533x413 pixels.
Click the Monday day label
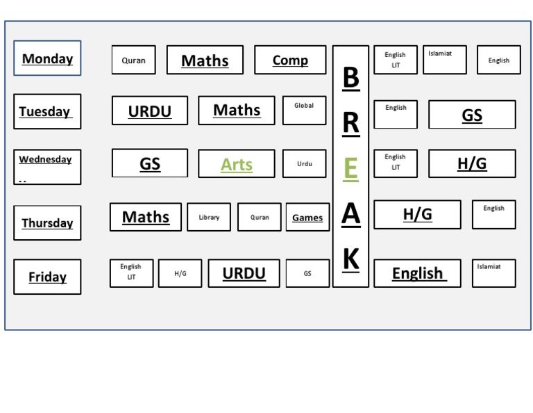(47, 58)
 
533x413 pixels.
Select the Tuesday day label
(47, 111)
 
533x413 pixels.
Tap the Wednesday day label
(47, 167)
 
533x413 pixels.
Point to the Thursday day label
(47, 222)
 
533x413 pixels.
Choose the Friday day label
(47, 277)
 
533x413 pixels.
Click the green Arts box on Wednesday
(236, 164)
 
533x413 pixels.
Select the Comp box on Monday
(290, 60)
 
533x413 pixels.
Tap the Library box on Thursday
(209, 217)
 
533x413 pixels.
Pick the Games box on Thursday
(307, 217)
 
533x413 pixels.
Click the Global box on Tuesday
(304, 110)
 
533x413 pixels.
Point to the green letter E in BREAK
(350, 169)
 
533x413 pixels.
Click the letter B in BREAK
(350, 78)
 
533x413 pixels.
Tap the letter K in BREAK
(350, 259)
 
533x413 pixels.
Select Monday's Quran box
(134, 60)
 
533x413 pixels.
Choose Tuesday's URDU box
(150, 111)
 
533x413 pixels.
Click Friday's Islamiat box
(493, 273)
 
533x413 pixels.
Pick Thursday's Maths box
(146, 217)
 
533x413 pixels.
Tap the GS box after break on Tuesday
(472, 115)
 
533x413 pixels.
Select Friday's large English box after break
(417, 273)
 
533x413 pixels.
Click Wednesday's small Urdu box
(304, 164)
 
